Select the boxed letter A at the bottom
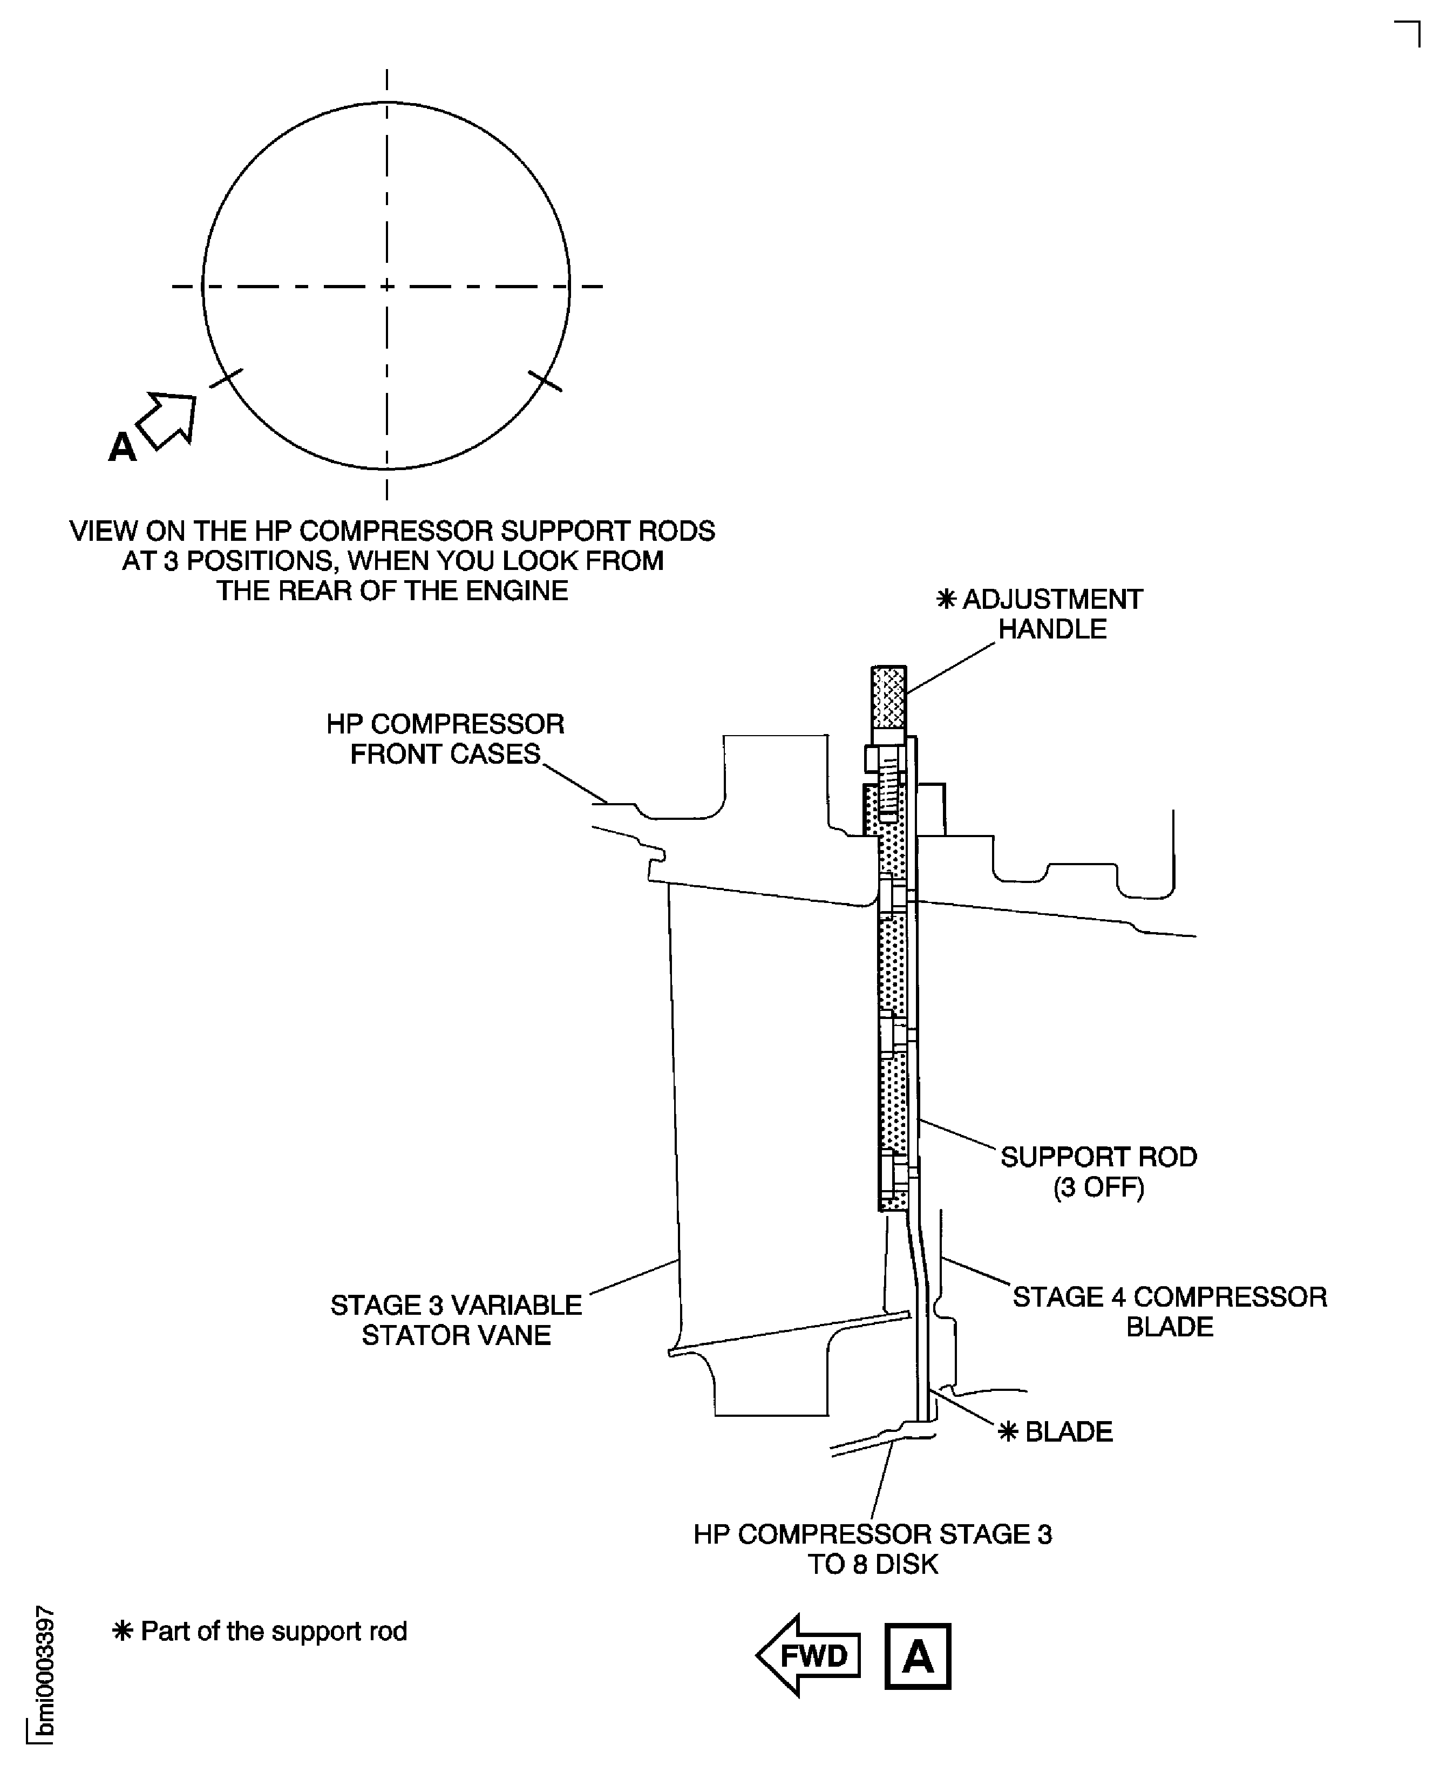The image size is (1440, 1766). coord(918,1656)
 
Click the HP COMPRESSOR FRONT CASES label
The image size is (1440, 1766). coord(445,738)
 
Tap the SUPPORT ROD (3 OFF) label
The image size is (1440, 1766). coord(1098,1171)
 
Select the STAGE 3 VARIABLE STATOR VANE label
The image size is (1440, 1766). coord(456,1320)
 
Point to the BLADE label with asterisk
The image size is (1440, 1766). coord(1068,1432)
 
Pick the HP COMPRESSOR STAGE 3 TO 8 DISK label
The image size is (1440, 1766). coord(873,1548)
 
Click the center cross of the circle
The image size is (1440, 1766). coord(386,286)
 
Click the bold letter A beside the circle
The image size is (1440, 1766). coord(122,447)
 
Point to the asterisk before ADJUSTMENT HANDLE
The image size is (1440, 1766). coord(946,600)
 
